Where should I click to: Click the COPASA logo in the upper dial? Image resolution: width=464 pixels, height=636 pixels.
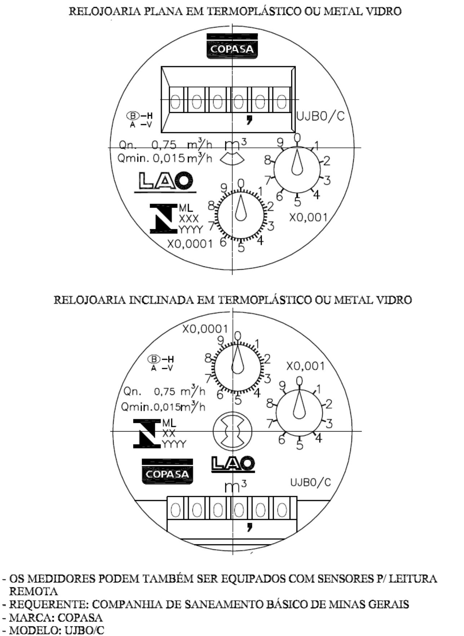(232, 46)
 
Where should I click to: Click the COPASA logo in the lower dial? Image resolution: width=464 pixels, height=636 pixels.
(167, 471)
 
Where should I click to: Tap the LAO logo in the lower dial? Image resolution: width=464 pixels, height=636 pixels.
(233, 464)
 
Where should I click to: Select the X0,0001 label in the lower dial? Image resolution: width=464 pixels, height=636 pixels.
(205, 329)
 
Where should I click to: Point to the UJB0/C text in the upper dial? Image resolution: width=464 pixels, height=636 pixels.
(320, 116)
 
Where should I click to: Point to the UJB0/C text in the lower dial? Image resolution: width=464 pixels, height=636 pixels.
(310, 482)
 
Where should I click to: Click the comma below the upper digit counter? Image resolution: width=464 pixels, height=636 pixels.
(249, 120)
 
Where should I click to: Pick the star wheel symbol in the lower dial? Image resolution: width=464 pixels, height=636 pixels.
(233, 431)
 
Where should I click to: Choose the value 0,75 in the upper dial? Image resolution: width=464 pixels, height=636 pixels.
(164, 145)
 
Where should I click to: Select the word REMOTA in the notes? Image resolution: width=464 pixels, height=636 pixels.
(33, 591)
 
